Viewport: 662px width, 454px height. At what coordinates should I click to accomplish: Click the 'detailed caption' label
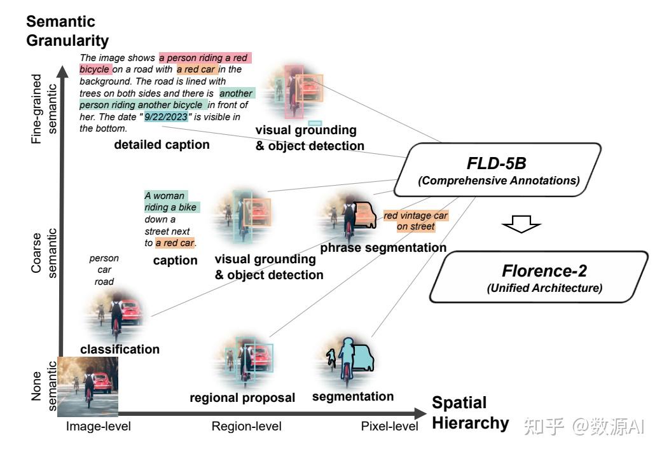point(162,145)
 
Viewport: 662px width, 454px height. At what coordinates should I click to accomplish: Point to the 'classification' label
point(120,349)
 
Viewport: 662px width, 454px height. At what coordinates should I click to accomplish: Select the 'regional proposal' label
point(242,398)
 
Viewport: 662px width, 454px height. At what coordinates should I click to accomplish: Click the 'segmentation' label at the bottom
point(353,397)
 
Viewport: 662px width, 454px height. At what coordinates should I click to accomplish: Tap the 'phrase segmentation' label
point(383,247)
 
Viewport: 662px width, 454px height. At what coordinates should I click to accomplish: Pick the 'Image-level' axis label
point(98,427)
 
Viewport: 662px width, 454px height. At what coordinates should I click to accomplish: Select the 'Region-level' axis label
point(246,427)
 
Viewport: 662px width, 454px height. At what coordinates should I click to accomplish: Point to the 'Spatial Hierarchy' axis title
point(470,413)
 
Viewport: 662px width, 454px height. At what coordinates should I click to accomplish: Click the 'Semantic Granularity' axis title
point(67,31)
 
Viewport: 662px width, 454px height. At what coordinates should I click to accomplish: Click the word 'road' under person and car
point(104,281)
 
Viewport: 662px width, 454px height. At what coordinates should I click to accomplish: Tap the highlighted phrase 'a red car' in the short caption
point(175,243)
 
